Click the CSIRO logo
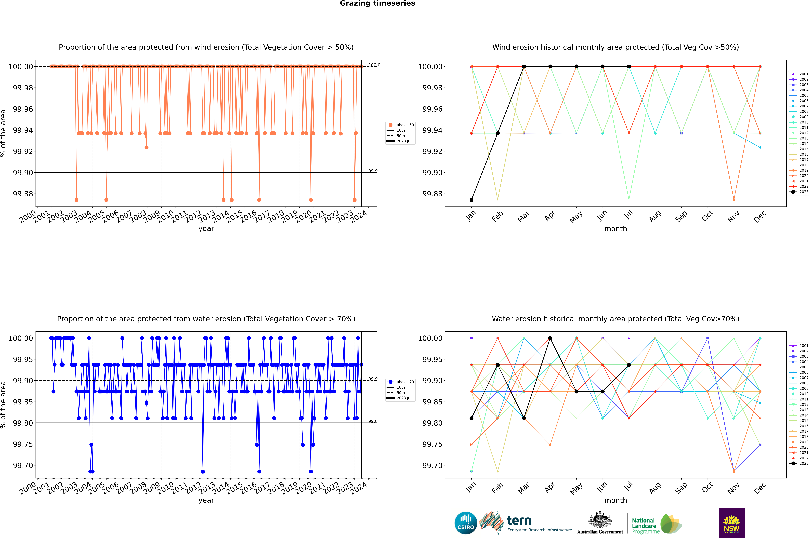click(466, 523)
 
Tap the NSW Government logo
click(731, 523)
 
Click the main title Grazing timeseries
click(377, 3)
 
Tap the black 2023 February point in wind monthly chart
click(498, 133)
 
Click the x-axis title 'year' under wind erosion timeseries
click(206, 229)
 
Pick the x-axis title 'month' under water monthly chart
click(616, 500)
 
